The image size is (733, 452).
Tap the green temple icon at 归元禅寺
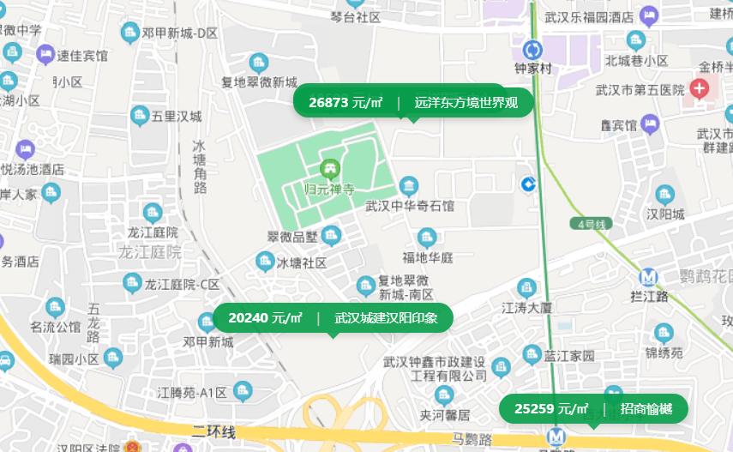[328, 169]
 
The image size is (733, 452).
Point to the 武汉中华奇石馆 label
[410, 206]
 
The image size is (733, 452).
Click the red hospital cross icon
[700, 87]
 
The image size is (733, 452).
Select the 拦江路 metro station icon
[649, 277]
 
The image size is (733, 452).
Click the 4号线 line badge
[591, 224]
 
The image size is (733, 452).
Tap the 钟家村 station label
[532, 69]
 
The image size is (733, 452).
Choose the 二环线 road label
[213, 431]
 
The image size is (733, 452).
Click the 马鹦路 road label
[472, 439]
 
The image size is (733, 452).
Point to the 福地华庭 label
[429, 257]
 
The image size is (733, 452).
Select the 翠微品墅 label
[292, 237]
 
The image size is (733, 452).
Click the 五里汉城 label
[177, 116]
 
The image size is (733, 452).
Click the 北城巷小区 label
[636, 61]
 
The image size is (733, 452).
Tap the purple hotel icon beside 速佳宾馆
[45, 56]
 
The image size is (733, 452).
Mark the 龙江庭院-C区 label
[182, 284]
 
